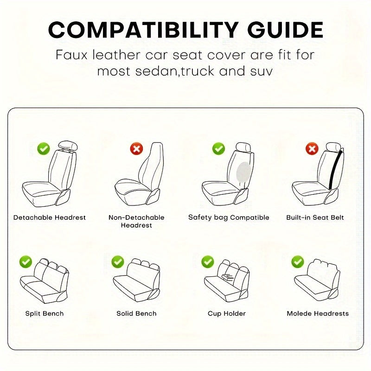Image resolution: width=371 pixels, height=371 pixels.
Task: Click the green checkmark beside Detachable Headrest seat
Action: click(x=44, y=149)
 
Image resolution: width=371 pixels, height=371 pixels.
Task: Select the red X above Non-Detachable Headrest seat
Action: click(x=136, y=149)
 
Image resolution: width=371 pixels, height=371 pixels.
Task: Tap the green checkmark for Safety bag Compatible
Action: click(x=218, y=149)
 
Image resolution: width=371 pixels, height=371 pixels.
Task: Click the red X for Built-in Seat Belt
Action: click(x=312, y=149)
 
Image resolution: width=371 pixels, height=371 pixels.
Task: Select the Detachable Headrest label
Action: click(x=50, y=217)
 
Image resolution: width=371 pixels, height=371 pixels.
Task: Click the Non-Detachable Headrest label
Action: click(x=136, y=221)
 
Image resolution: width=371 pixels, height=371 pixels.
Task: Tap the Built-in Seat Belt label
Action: click(x=315, y=217)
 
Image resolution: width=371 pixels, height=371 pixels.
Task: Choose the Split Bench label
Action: click(x=45, y=313)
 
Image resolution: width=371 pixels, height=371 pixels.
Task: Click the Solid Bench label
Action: click(x=136, y=313)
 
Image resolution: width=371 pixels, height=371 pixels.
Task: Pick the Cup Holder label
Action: click(x=227, y=313)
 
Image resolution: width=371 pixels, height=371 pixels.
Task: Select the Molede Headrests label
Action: click(x=318, y=313)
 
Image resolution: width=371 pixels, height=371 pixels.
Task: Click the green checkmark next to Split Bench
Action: click(x=26, y=262)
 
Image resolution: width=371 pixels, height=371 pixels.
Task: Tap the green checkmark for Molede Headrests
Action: click(x=297, y=262)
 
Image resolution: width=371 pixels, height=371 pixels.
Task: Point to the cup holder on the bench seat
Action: click(x=228, y=278)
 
